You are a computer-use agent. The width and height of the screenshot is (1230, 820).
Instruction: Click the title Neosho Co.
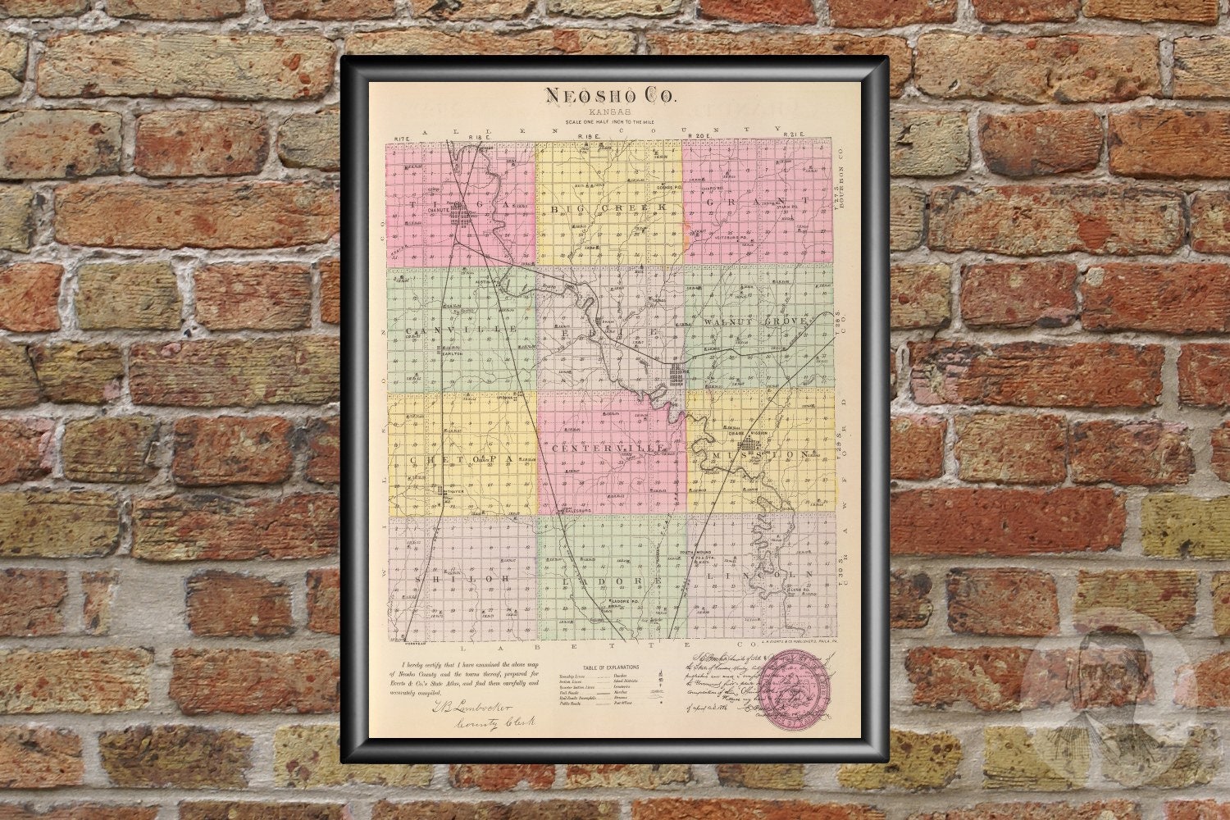point(611,96)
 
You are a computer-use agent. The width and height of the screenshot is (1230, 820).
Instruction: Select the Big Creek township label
point(610,209)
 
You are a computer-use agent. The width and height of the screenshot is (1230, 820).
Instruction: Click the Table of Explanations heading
point(610,668)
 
